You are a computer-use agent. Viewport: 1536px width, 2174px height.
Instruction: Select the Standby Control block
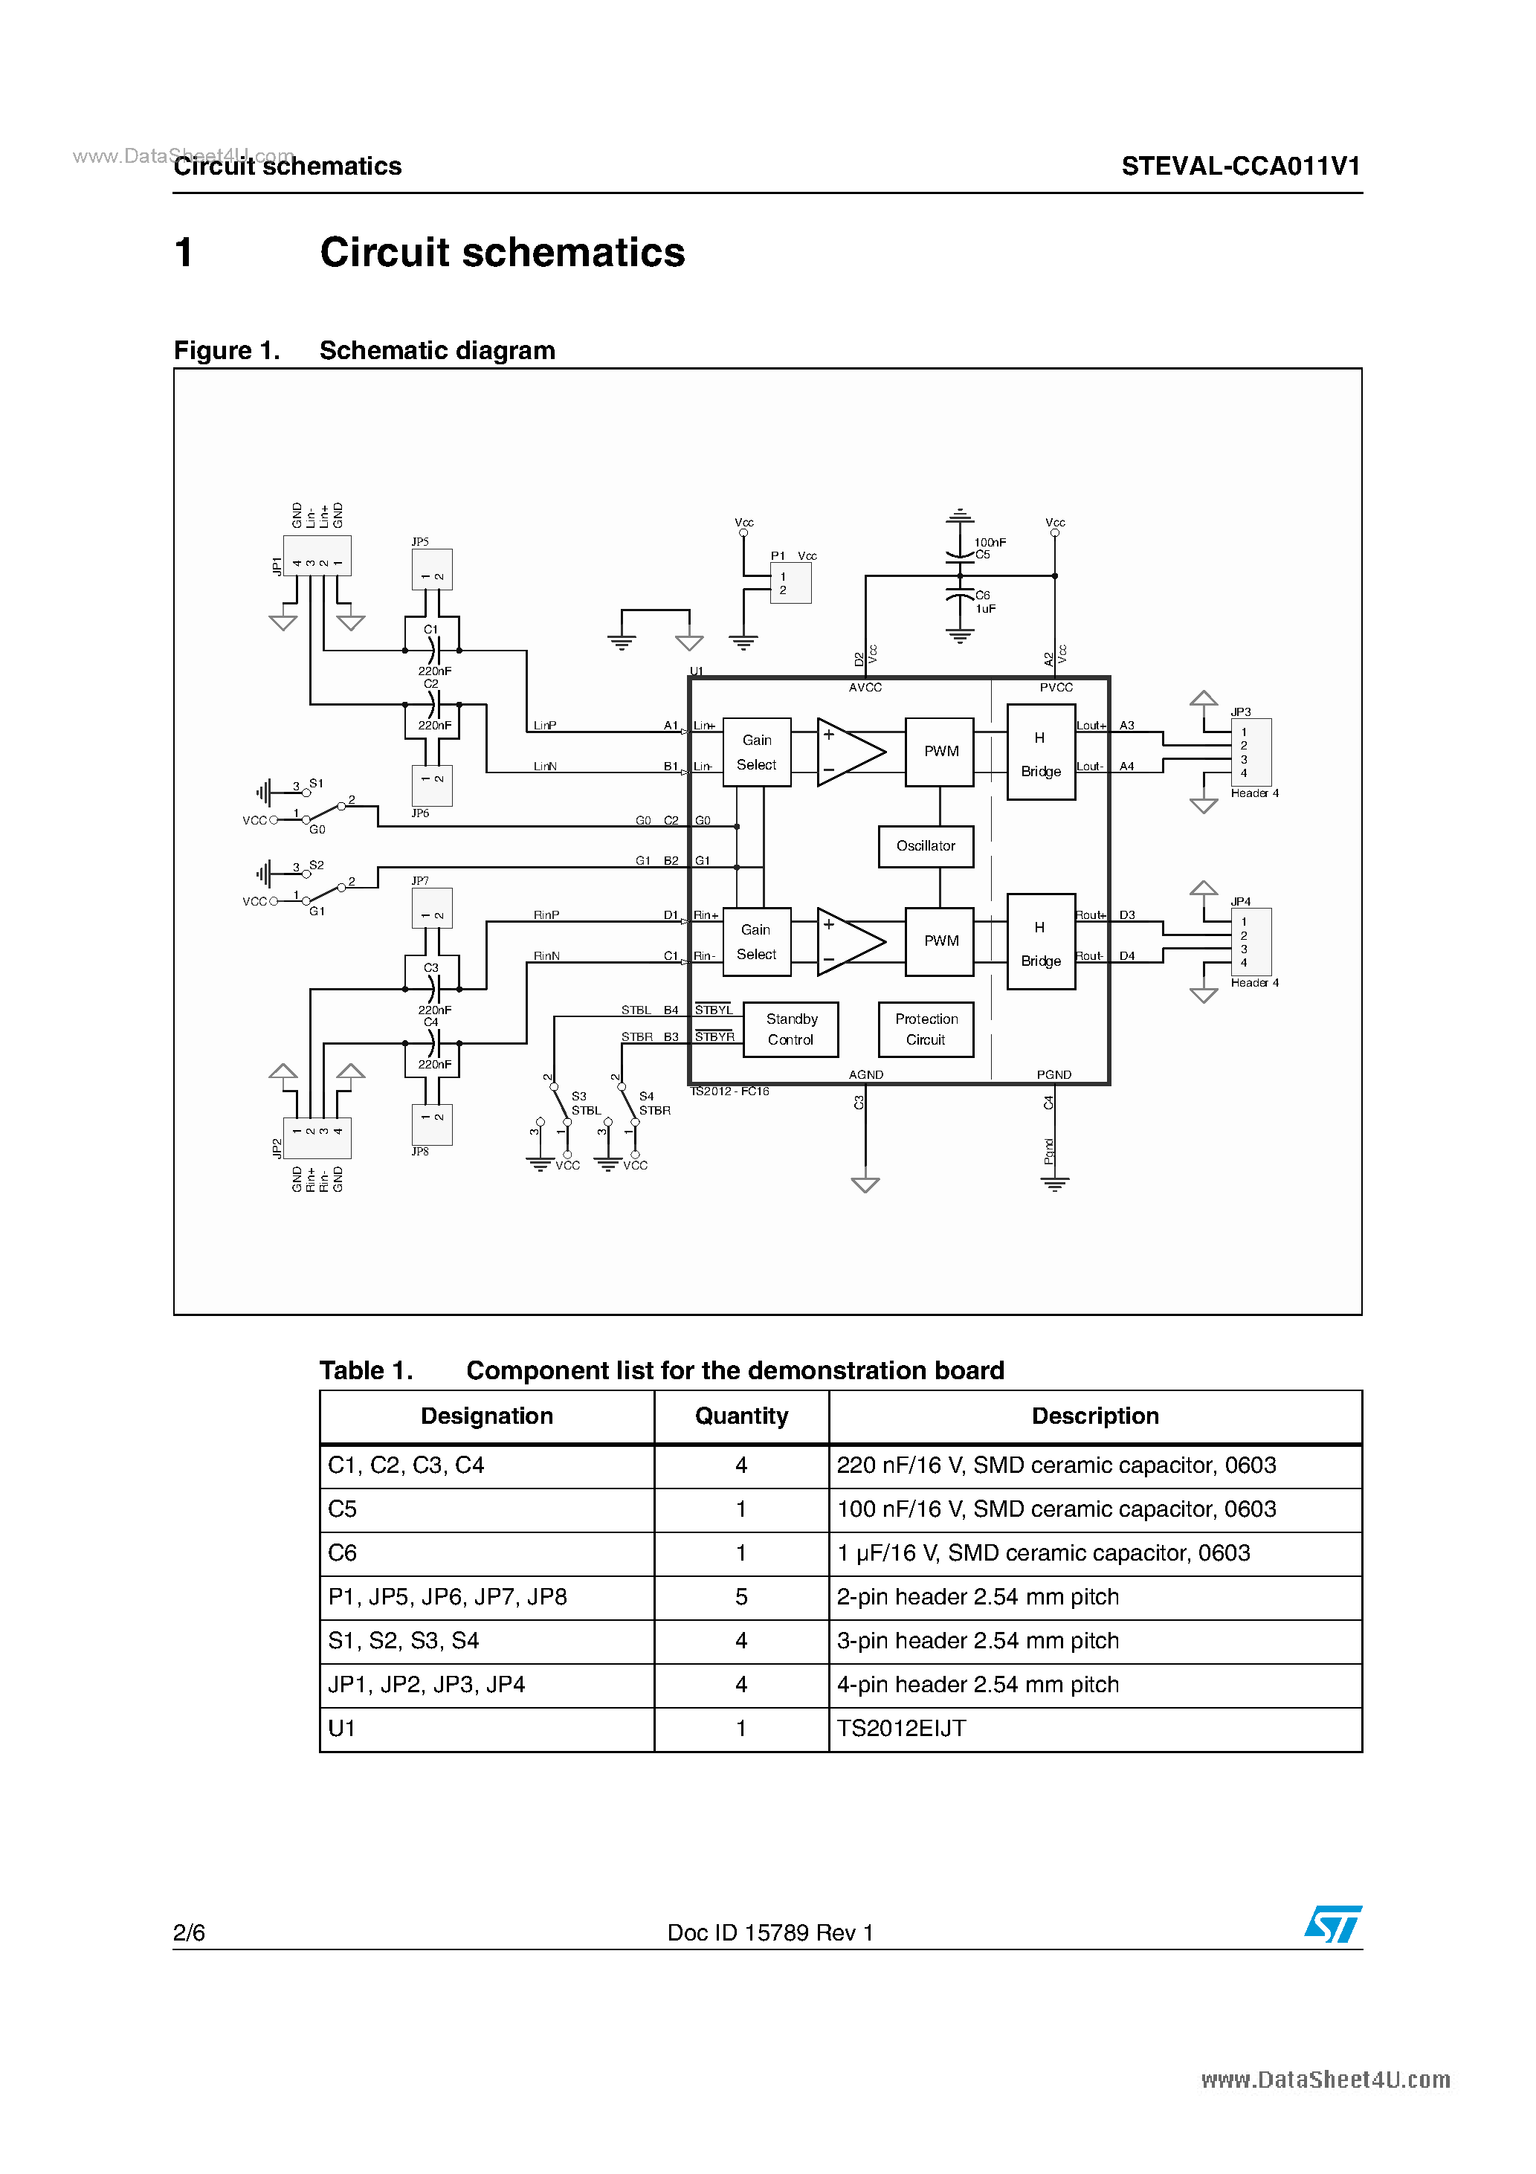pyautogui.click(x=791, y=1029)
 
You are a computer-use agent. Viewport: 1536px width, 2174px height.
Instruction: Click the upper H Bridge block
pyautogui.click(x=1040, y=752)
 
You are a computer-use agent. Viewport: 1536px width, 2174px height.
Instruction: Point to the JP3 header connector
pyautogui.click(x=1250, y=752)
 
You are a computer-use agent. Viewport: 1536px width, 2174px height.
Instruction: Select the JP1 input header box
pyautogui.click(x=317, y=556)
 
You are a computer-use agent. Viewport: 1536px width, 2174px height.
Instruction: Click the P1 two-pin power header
pyautogui.click(x=791, y=583)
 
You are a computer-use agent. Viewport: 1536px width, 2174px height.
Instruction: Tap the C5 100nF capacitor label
pyautogui.click(x=990, y=548)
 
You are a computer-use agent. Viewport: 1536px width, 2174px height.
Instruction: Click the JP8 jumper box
pyautogui.click(x=432, y=1124)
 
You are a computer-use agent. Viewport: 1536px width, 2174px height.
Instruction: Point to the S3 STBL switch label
pyautogui.click(x=584, y=1103)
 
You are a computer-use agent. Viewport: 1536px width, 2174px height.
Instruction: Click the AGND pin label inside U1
pyautogui.click(x=865, y=1074)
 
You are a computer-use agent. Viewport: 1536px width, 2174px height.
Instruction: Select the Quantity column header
pyautogui.click(x=740, y=1416)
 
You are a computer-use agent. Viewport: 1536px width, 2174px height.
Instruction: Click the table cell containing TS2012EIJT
pyautogui.click(x=1094, y=1729)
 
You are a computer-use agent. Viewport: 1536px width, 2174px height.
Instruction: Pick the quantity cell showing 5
pyautogui.click(x=740, y=1597)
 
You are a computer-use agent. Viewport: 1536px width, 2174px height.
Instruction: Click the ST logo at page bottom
pyautogui.click(x=1332, y=1925)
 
